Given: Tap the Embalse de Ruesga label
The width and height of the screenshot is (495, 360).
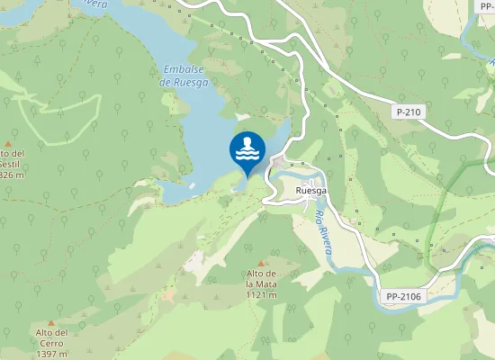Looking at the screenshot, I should point(184,76).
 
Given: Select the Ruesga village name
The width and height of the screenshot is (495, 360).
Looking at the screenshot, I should point(310,192).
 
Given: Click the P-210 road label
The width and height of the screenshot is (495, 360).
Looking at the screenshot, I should point(409,112).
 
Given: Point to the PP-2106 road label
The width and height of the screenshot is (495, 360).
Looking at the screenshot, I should point(404,296).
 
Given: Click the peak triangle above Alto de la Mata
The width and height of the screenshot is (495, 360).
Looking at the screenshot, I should point(261,263).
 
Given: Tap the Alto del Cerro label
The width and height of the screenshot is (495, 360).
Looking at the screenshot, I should point(52,337).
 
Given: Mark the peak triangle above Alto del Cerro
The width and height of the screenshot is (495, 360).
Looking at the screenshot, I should point(51,322).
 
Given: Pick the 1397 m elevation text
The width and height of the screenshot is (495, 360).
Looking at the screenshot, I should point(52,354).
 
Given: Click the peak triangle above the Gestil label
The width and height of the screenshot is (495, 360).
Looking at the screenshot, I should point(8,143).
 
